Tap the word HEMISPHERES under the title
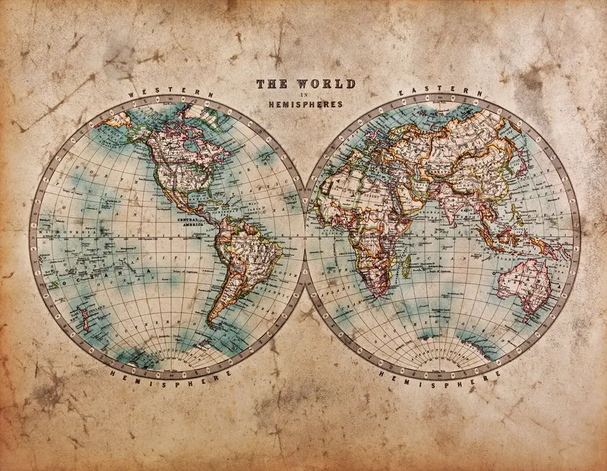pos(305,105)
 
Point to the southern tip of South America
pos(212,323)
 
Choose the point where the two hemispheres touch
pos(304,233)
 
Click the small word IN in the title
pos(305,95)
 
